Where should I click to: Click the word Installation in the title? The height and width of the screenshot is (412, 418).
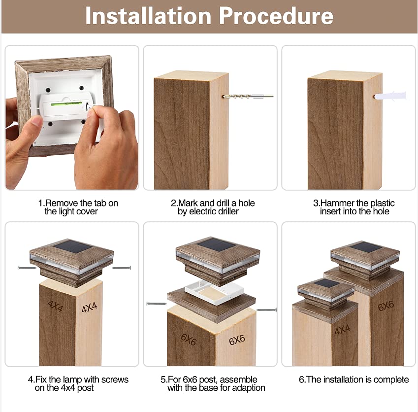click(x=148, y=16)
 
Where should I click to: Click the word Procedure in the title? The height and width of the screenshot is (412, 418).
click(x=276, y=16)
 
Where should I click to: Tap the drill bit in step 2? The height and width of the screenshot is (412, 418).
click(x=248, y=96)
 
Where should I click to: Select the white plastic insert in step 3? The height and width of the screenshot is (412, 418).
click(x=390, y=96)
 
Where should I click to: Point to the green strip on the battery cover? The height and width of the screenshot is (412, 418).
click(x=66, y=103)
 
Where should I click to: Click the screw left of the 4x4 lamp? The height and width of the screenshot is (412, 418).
click(x=27, y=268)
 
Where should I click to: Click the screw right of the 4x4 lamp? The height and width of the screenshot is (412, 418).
click(x=122, y=268)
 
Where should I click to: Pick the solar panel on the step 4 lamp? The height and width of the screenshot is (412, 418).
click(x=73, y=247)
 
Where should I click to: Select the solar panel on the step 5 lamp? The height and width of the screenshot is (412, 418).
click(x=217, y=245)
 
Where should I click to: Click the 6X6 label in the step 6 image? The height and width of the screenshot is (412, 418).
click(x=386, y=306)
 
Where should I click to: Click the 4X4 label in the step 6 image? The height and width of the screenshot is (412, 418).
click(x=342, y=330)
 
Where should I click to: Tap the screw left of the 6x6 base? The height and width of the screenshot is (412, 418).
click(x=157, y=304)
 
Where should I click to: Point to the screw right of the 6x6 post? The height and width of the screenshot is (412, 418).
click(x=266, y=310)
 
